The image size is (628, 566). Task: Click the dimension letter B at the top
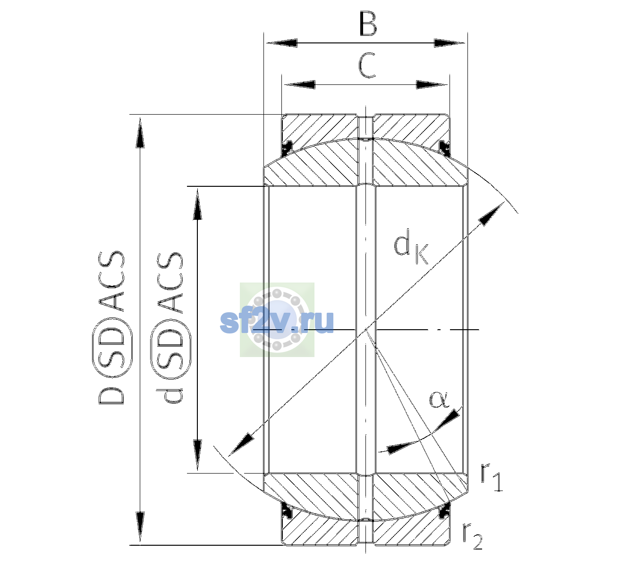click(368, 24)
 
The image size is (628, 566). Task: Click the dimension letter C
click(367, 65)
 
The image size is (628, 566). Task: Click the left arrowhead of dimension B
click(281, 43)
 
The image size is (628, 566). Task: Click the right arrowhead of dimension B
click(450, 43)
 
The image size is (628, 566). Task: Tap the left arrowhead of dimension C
click(299, 84)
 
